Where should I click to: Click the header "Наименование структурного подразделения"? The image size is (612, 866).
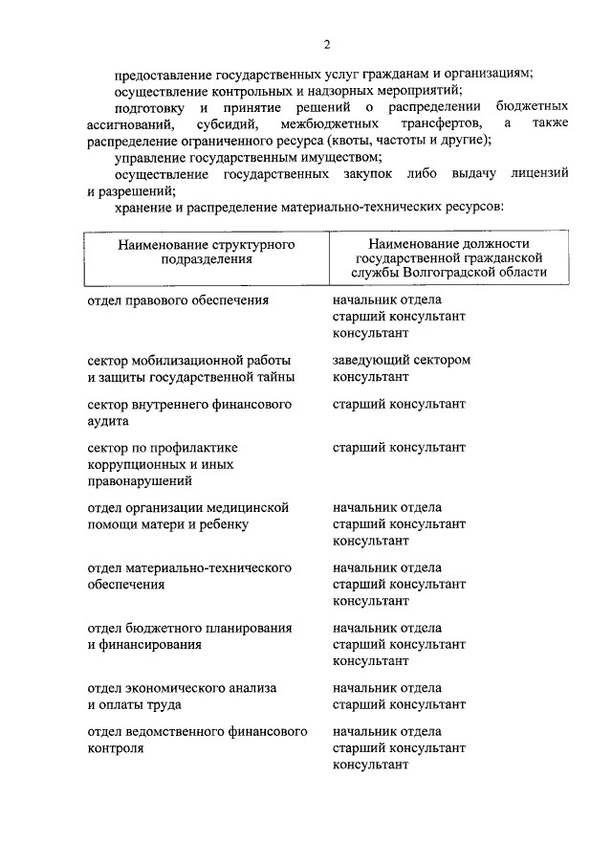[206, 252]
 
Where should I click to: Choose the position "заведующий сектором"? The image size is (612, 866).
[402, 360]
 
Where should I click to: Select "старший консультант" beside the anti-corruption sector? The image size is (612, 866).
[399, 447]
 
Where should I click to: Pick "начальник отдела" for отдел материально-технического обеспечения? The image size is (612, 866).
[387, 567]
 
